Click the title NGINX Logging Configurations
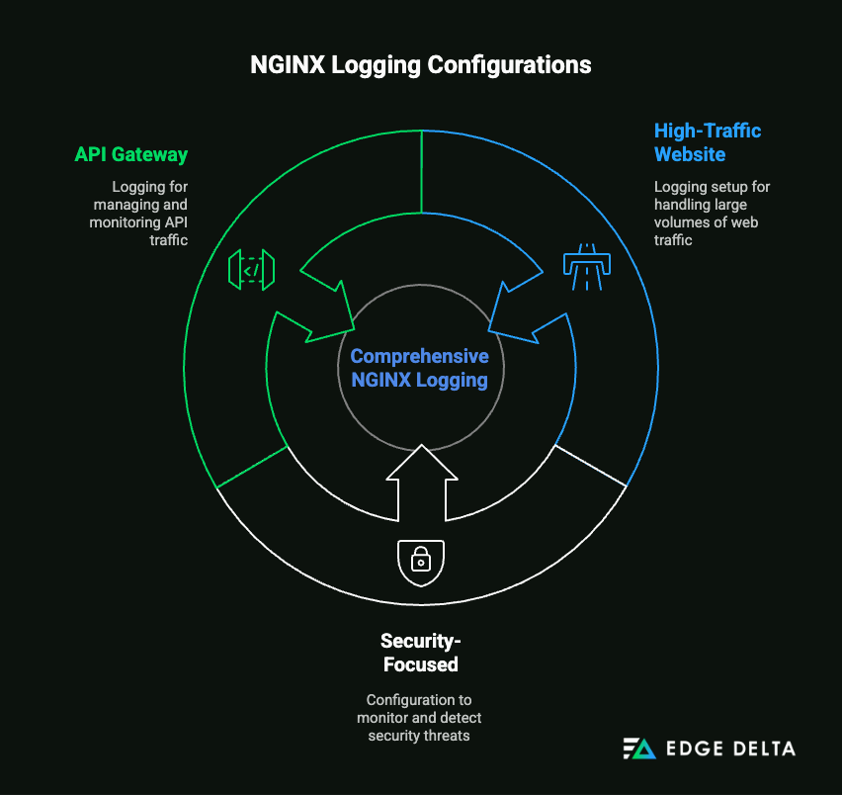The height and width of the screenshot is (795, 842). [421, 65]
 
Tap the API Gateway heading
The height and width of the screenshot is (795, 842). [131, 155]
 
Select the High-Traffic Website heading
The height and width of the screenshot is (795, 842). [708, 142]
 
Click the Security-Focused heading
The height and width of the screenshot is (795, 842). [420, 653]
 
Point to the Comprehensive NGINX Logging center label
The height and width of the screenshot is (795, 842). [420, 368]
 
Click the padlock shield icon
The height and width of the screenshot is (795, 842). [420, 562]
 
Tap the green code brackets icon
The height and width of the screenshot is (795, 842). [251, 269]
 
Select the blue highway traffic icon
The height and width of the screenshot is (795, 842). [587, 265]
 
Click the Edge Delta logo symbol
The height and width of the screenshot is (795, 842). [638, 749]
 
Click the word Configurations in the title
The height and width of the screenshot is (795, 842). [509, 65]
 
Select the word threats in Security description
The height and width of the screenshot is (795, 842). [447, 735]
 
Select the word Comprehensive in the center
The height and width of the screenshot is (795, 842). [420, 356]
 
